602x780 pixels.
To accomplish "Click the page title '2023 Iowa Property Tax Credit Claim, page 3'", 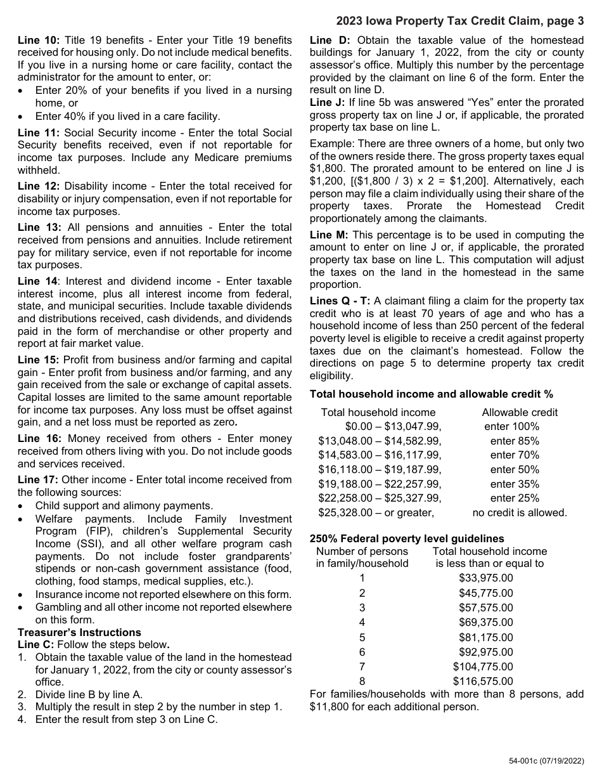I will [459, 22].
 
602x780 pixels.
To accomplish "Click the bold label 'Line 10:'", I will [38, 40].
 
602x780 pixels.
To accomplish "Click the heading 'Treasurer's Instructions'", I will [79, 632].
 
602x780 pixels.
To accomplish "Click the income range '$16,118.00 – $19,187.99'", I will [380, 470].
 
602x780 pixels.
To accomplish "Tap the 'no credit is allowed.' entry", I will [520, 512].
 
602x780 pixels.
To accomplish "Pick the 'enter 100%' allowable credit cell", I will [511, 427].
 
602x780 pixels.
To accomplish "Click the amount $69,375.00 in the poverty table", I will [485, 623].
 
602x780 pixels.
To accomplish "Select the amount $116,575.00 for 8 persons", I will [483, 682].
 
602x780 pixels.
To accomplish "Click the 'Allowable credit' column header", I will [520, 412].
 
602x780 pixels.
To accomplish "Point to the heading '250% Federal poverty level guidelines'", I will [407, 538].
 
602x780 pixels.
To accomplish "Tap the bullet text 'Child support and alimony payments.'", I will [124, 505].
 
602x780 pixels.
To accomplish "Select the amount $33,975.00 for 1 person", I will [485, 578].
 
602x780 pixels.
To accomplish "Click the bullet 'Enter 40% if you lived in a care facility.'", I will [127, 116].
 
